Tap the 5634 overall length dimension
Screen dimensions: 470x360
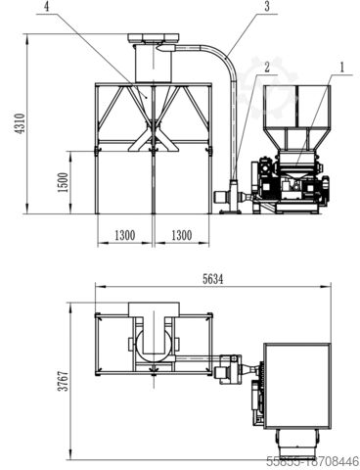211,278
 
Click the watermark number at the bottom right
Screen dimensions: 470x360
313,459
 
